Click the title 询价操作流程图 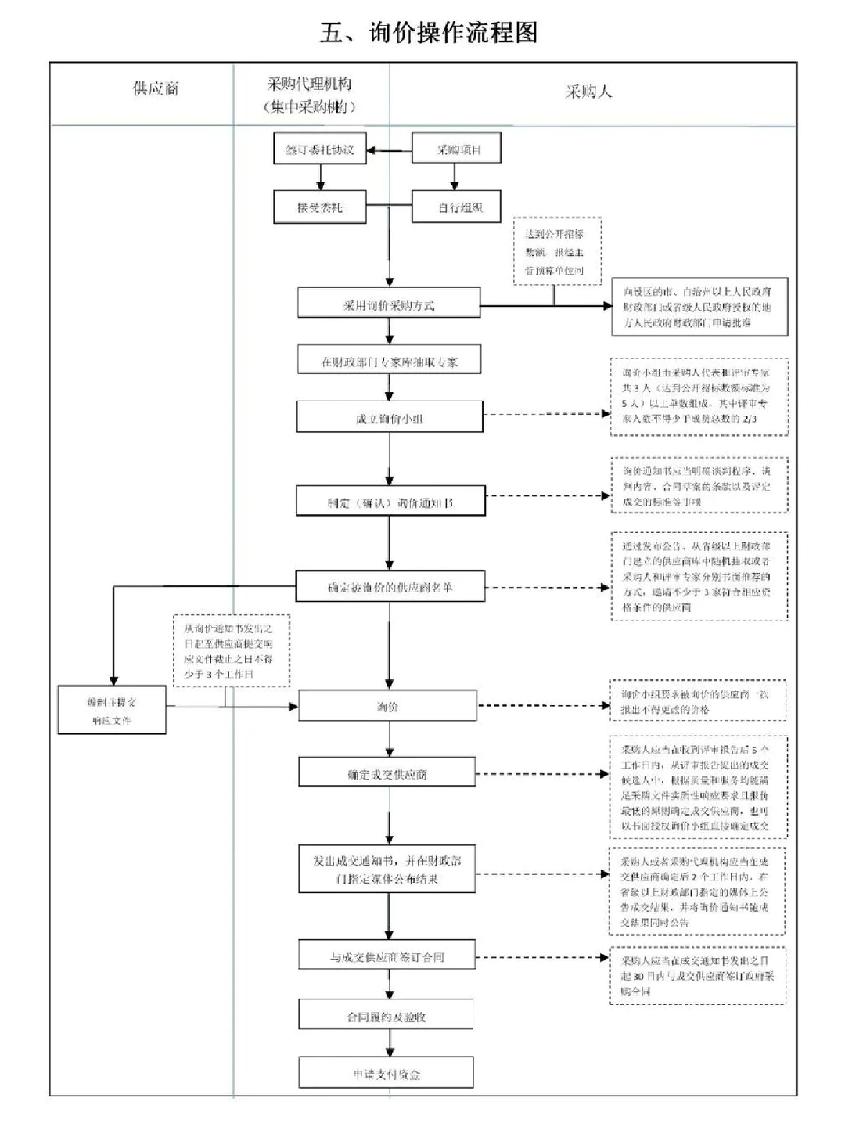click(x=429, y=33)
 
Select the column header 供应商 click(x=156, y=88)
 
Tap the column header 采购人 click(x=588, y=92)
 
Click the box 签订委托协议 click(x=320, y=149)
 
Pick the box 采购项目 click(x=457, y=149)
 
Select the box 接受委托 click(x=320, y=208)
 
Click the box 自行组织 click(x=457, y=208)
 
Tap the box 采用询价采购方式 click(x=389, y=304)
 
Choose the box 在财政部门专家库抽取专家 click(x=389, y=362)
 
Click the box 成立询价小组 click(x=389, y=418)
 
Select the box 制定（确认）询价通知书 click(x=390, y=502)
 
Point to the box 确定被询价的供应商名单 click(x=390, y=586)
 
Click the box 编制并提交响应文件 click(x=112, y=711)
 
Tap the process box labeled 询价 click(x=387, y=707)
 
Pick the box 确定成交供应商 click(x=387, y=774)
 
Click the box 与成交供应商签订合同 click(x=387, y=956)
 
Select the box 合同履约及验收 click(x=386, y=1016)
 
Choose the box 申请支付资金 click(x=386, y=1074)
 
